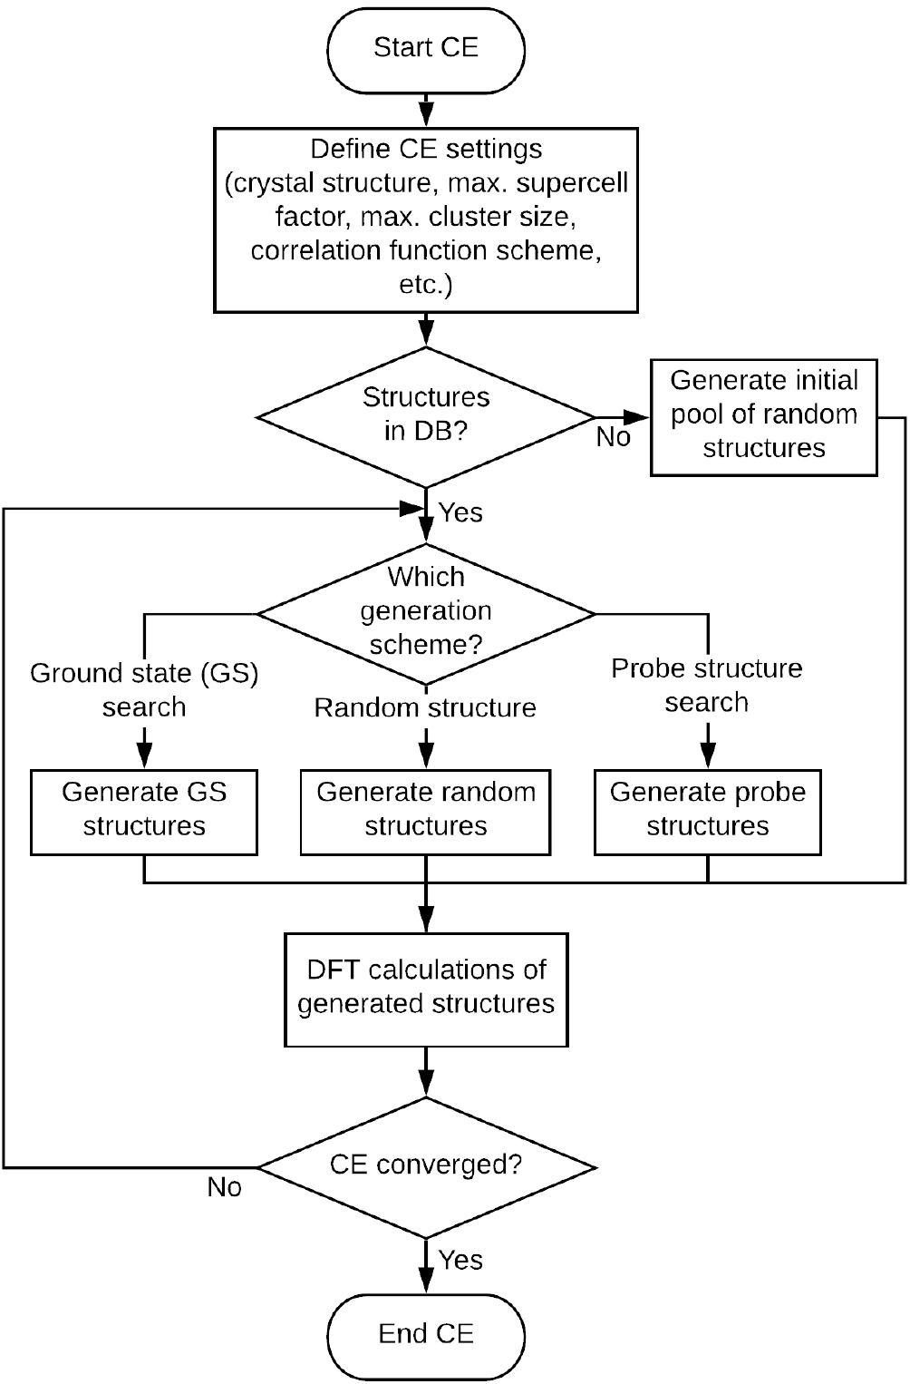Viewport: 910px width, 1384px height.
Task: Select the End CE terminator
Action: (x=426, y=1335)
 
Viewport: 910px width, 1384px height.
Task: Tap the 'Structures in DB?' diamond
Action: (x=426, y=416)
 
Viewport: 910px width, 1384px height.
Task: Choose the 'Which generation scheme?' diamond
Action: (x=426, y=613)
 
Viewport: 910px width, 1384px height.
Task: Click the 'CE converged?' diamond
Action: (x=426, y=1165)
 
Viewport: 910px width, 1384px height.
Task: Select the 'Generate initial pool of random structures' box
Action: (x=764, y=415)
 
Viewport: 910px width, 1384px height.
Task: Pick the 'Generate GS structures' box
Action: (x=144, y=811)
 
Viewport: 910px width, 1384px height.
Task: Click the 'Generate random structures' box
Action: (x=426, y=811)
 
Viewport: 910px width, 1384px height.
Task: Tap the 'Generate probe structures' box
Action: (x=707, y=811)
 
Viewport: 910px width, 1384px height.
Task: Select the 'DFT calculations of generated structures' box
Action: (x=426, y=989)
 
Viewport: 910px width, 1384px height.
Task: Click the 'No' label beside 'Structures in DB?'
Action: (x=613, y=438)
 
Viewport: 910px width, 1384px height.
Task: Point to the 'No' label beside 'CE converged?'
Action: (x=224, y=1188)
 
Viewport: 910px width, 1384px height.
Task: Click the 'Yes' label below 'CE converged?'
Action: (x=460, y=1261)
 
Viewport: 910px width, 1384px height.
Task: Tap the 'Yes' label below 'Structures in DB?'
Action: (x=460, y=513)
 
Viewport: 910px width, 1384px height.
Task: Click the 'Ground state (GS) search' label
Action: (x=144, y=690)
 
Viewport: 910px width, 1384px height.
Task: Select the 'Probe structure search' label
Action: (x=707, y=686)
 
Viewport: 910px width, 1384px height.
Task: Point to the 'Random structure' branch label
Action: (x=425, y=708)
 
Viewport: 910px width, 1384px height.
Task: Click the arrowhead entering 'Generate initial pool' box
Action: (x=642, y=417)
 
